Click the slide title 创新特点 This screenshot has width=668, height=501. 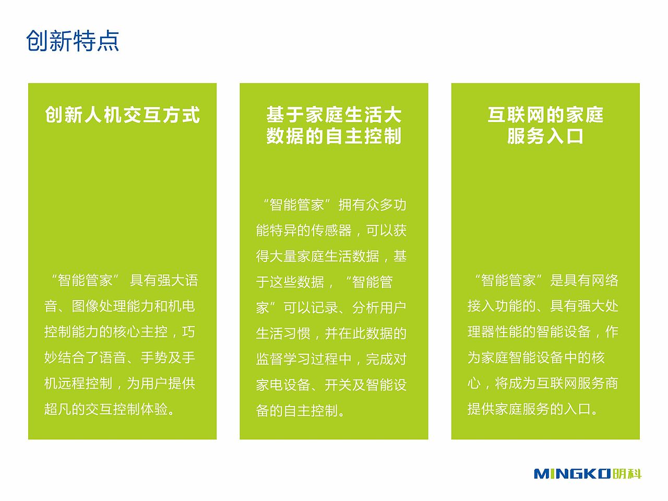coord(73,41)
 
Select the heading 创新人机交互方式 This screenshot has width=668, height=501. coord(122,115)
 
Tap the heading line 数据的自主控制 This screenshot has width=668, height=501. coord(334,136)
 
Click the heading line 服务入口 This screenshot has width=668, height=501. coord(545,136)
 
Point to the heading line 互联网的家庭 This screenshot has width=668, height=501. coord(545,115)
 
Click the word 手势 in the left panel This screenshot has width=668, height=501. coord(154,357)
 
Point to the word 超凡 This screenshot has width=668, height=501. coord(58,409)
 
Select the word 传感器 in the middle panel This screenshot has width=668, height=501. coord(331,231)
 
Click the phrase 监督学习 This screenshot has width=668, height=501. coord(283,359)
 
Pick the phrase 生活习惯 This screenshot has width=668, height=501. coord(283,333)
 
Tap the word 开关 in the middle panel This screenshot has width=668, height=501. coord(338,385)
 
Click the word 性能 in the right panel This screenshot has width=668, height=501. coord(508,331)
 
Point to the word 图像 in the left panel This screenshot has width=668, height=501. coord(85,306)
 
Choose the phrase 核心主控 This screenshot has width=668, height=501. coord(140,331)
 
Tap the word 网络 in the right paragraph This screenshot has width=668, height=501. coord(605,280)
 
